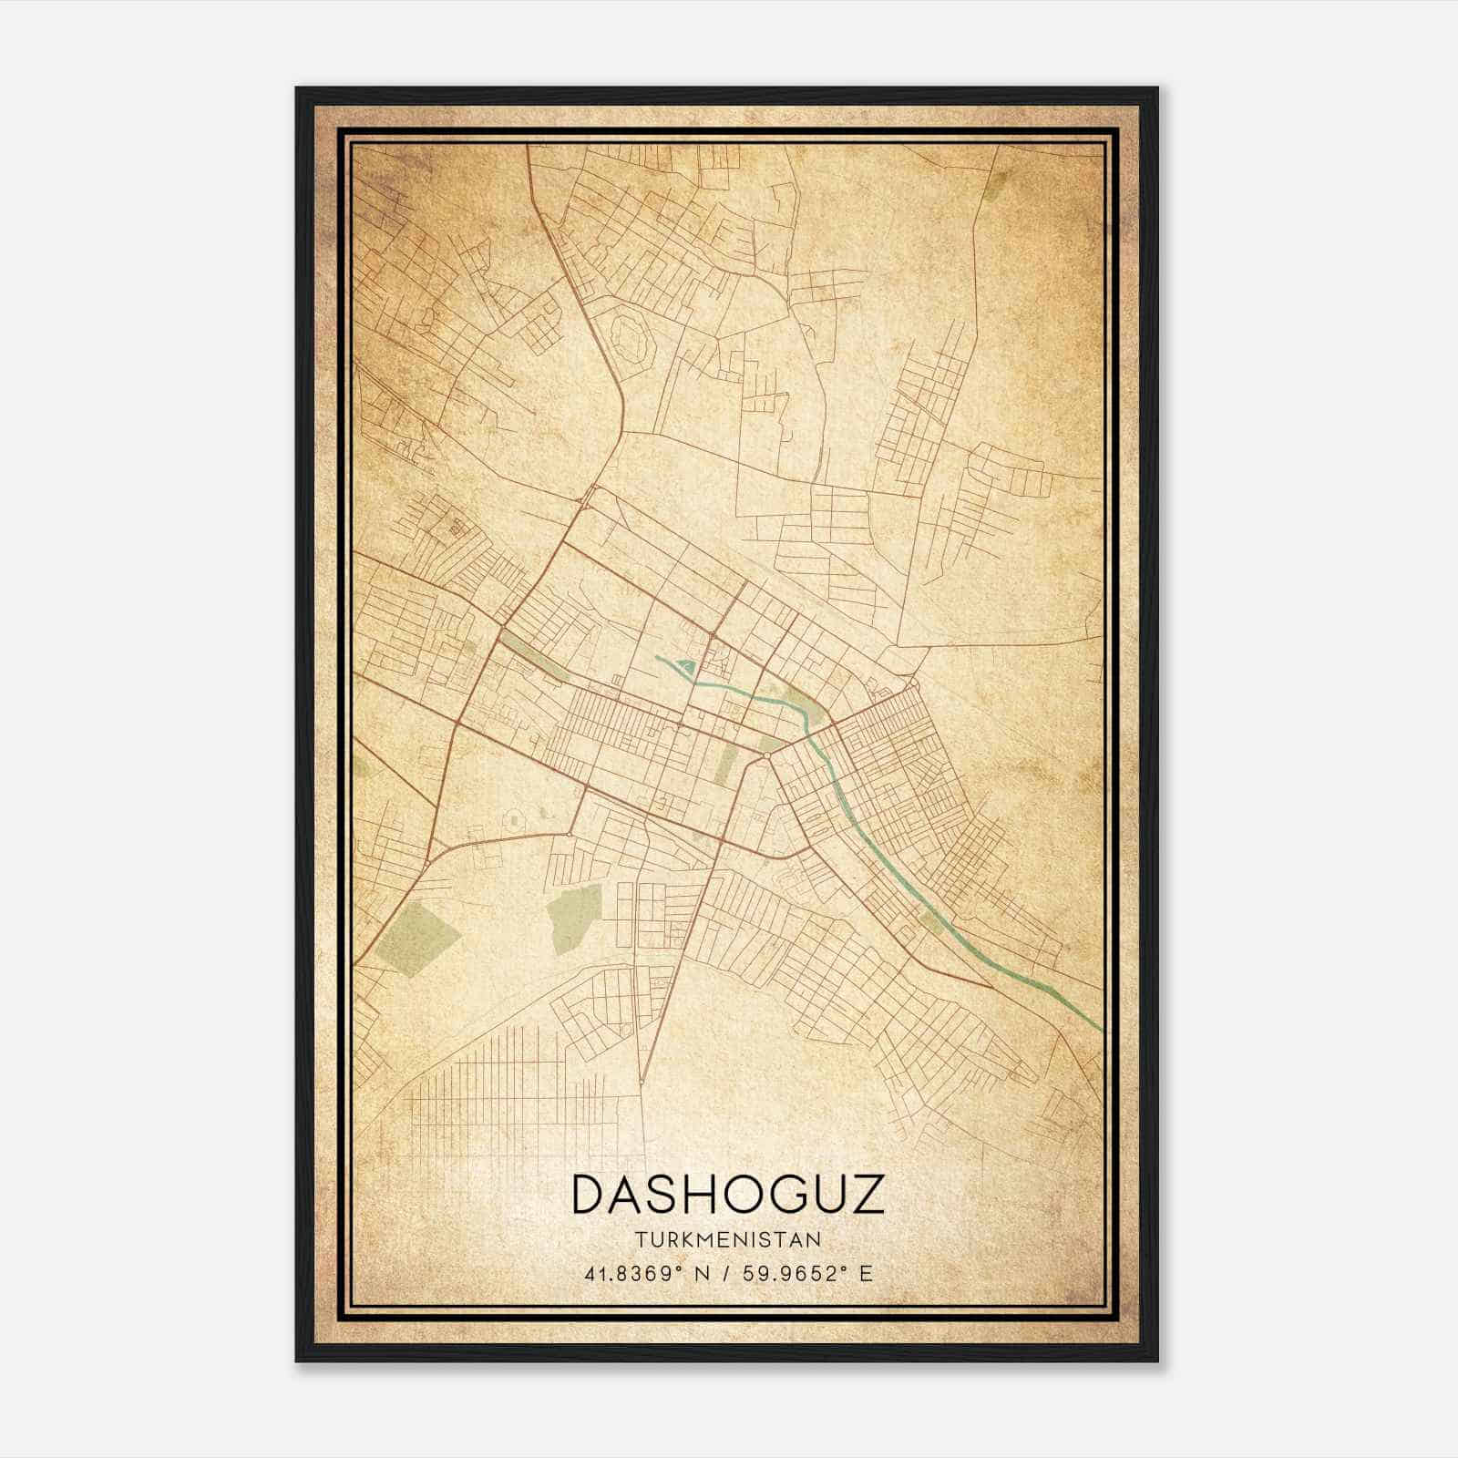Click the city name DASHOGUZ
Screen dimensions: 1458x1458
pyautogui.click(x=728, y=1195)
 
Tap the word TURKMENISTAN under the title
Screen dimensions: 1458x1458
pyautogui.click(x=728, y=1240)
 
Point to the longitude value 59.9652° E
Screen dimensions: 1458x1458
pyautogui.click(x=806, y=1273)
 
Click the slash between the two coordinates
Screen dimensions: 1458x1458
pyautogui.click(x=726, y=1273)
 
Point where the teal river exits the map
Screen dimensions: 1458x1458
pyautogui.click(x=1100, y=1028)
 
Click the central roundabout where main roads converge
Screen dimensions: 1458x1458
pyautogui.click(x=767, y=755)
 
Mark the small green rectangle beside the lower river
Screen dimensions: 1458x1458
pyautogui.click(x=930, y=922)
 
